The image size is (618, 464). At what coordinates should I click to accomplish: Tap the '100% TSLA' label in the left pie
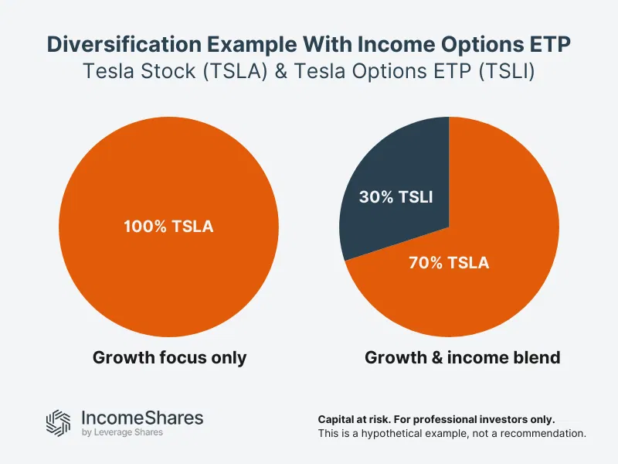coord(168,227)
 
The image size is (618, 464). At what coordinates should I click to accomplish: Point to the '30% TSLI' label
coord(396,196)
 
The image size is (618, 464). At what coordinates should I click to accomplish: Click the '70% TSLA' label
coord(448,263)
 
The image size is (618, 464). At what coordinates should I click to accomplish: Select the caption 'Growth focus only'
coord(169,358)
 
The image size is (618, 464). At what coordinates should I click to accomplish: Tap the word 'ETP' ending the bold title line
coord(550,44)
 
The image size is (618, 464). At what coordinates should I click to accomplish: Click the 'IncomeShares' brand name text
coord(142,418)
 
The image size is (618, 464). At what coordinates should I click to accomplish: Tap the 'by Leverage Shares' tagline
coord(121,433)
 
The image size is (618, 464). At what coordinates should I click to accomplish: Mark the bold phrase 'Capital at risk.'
coord(357,418)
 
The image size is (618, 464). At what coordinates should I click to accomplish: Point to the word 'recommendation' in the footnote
coord(546,434)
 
